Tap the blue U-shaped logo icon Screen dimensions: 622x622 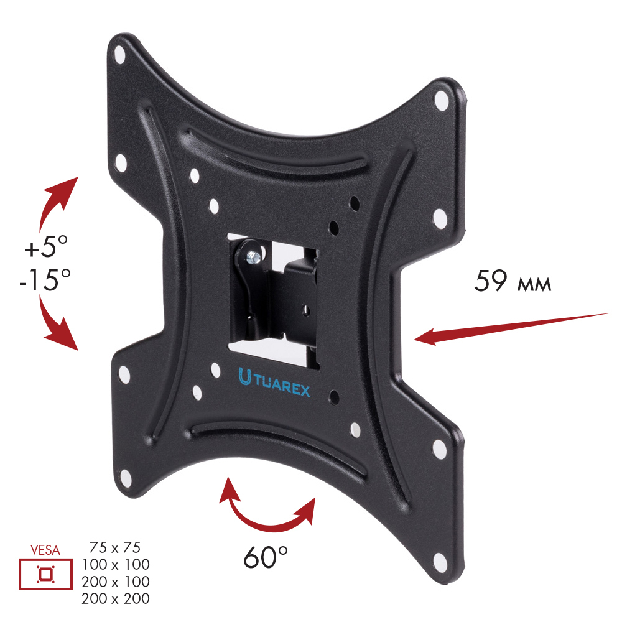click(x=244, y=377)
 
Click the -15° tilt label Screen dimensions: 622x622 click(x=45, y=280)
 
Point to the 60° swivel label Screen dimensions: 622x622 click(x=266, y=557)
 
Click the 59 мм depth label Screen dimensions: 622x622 click(x=513, y=281)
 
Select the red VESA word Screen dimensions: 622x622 click(x=45, y=550)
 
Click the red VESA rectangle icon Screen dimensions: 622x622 click(x=45, y=574)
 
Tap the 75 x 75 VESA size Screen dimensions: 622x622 click(x=115, y=548)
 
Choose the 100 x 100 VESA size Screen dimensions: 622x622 click(x=116, y=565)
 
